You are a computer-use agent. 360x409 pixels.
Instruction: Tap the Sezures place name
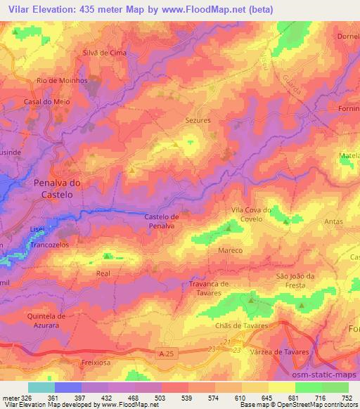tap(198, 121)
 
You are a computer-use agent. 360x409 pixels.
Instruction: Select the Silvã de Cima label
tap(104, 52)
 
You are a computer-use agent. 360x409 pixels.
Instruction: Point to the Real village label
tap(103, 273)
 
